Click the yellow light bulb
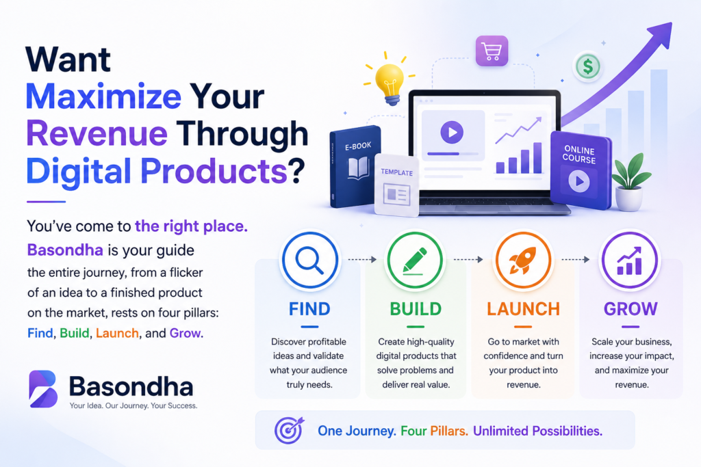tap(390, 83)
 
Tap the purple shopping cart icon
tap(492, 51)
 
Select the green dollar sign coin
tap(587, 67)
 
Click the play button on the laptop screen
tap(452, 132)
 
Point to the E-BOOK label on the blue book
tap(358, 146)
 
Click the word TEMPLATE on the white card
tap(396, 172)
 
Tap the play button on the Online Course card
tap(579, 181)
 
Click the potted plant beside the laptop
tap(630, 182)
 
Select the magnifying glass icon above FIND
tap(309, 260)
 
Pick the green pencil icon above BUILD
tap(415, 261)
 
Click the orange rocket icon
tap(522, 261)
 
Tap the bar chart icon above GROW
tap(630, 261)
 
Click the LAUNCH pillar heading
tap(523, 309)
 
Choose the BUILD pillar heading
tap(416, 309)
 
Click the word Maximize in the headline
tap(103, 96)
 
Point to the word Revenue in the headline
tap(97, 133)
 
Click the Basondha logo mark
tap(43, 388)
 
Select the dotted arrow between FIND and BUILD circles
tap(362, 259)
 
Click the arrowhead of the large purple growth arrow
tap(662, 32)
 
